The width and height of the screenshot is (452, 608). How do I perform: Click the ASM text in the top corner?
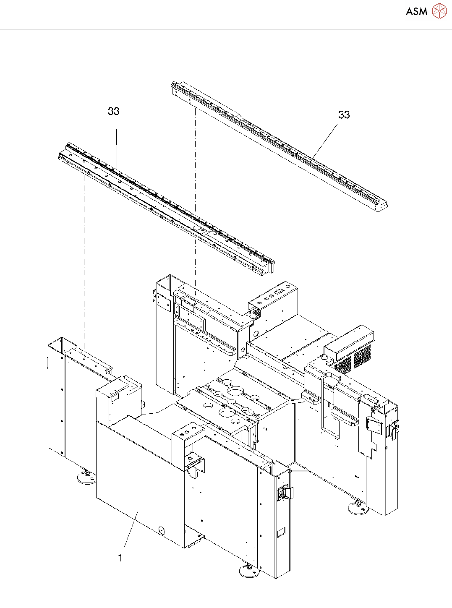416,12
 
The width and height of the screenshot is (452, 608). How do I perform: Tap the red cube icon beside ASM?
439,11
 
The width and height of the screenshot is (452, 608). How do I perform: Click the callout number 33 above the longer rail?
113,111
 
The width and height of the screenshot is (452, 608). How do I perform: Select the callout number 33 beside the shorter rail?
344,115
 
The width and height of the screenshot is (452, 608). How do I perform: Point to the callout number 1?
120,558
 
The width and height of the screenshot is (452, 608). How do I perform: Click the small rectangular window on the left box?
115,396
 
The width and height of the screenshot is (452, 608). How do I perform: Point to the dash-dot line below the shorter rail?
196,201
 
